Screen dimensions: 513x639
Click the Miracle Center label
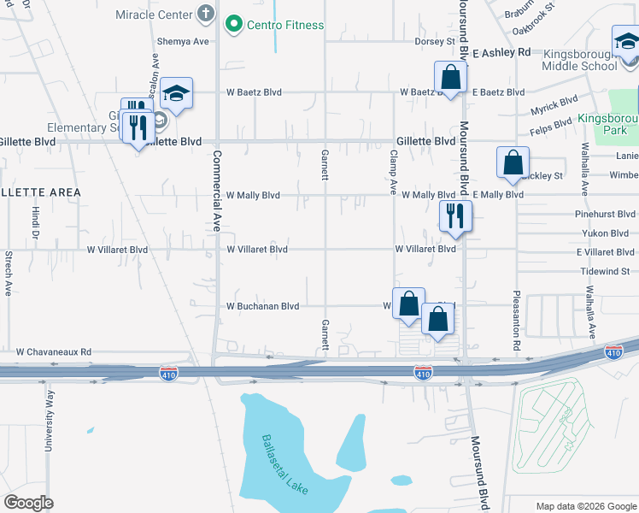tap(154, 14)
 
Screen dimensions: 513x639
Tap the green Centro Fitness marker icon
tap(232, 25)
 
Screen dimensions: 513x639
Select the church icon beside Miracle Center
tap(205, 14)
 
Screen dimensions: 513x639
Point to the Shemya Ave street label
tap(183, 41)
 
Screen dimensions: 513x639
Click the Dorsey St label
tap(435, 41)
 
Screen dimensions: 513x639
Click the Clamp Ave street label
tap(394, 173)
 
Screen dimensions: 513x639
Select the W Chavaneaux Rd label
tap(54, 351)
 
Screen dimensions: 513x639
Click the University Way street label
tap(49, 419)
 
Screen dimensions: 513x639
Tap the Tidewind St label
tap(605, 271)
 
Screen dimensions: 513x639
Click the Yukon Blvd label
tap(607, 233)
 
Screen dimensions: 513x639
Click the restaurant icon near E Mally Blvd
tap(455, 216)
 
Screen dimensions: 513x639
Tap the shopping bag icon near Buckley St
tap(513, 162)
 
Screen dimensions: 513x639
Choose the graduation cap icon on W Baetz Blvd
tap(176, 93)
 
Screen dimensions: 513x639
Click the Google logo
tap(28, 503)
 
